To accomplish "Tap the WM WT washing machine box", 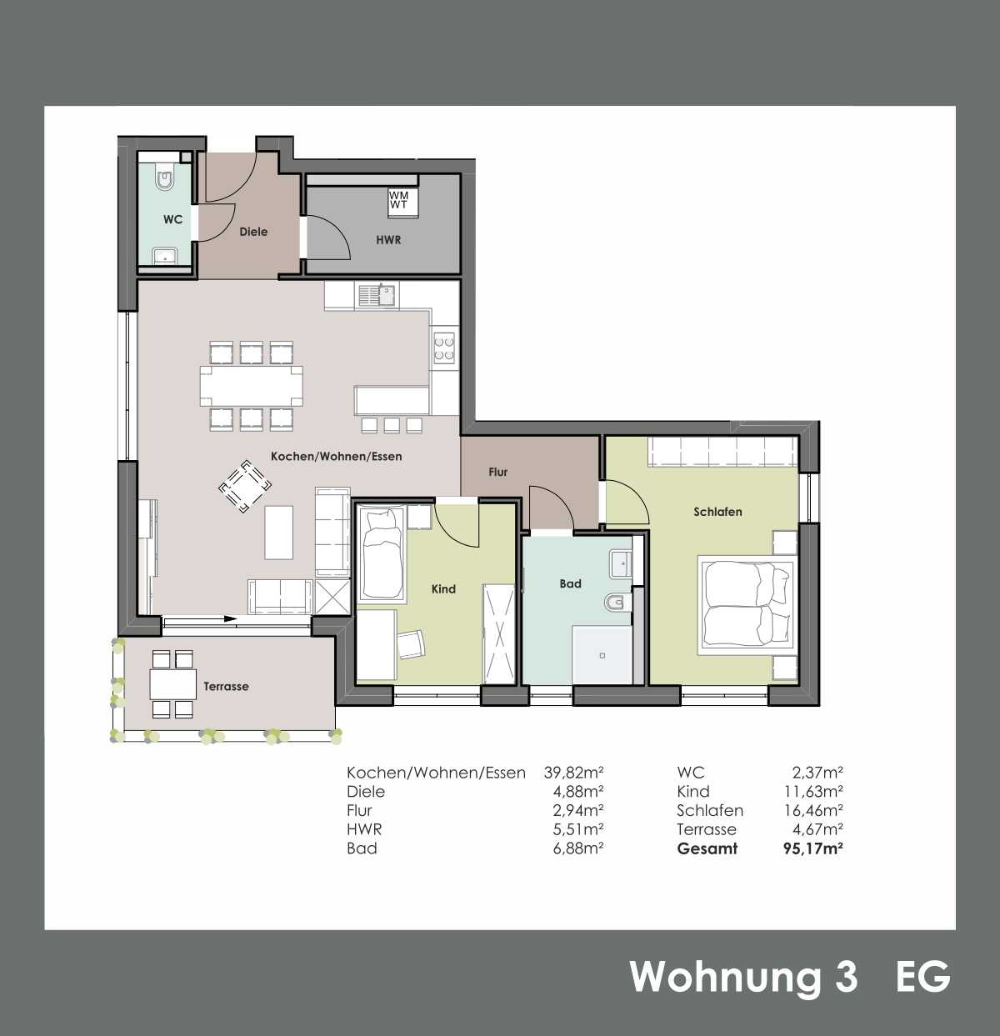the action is (x=402, y=203).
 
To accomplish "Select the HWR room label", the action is (x=388, y=240).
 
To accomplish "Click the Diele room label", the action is (x=253, y=232).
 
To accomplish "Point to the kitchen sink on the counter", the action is (x=377, y=296).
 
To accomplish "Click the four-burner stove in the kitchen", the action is (x=444, y=347).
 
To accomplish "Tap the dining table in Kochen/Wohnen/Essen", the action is (x=251, y=385).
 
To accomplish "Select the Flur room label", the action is (x=498, y=472).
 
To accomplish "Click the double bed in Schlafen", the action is (x=747, y=603).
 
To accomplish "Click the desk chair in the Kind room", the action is (x=412, y=644).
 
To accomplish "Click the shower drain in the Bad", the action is (x=602, y=655).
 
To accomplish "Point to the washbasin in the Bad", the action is (x=621, y=563).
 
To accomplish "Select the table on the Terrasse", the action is (x=172, y=684).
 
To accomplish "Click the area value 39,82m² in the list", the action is (x=573, y=773).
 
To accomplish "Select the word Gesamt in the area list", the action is (x=707, y=848).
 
